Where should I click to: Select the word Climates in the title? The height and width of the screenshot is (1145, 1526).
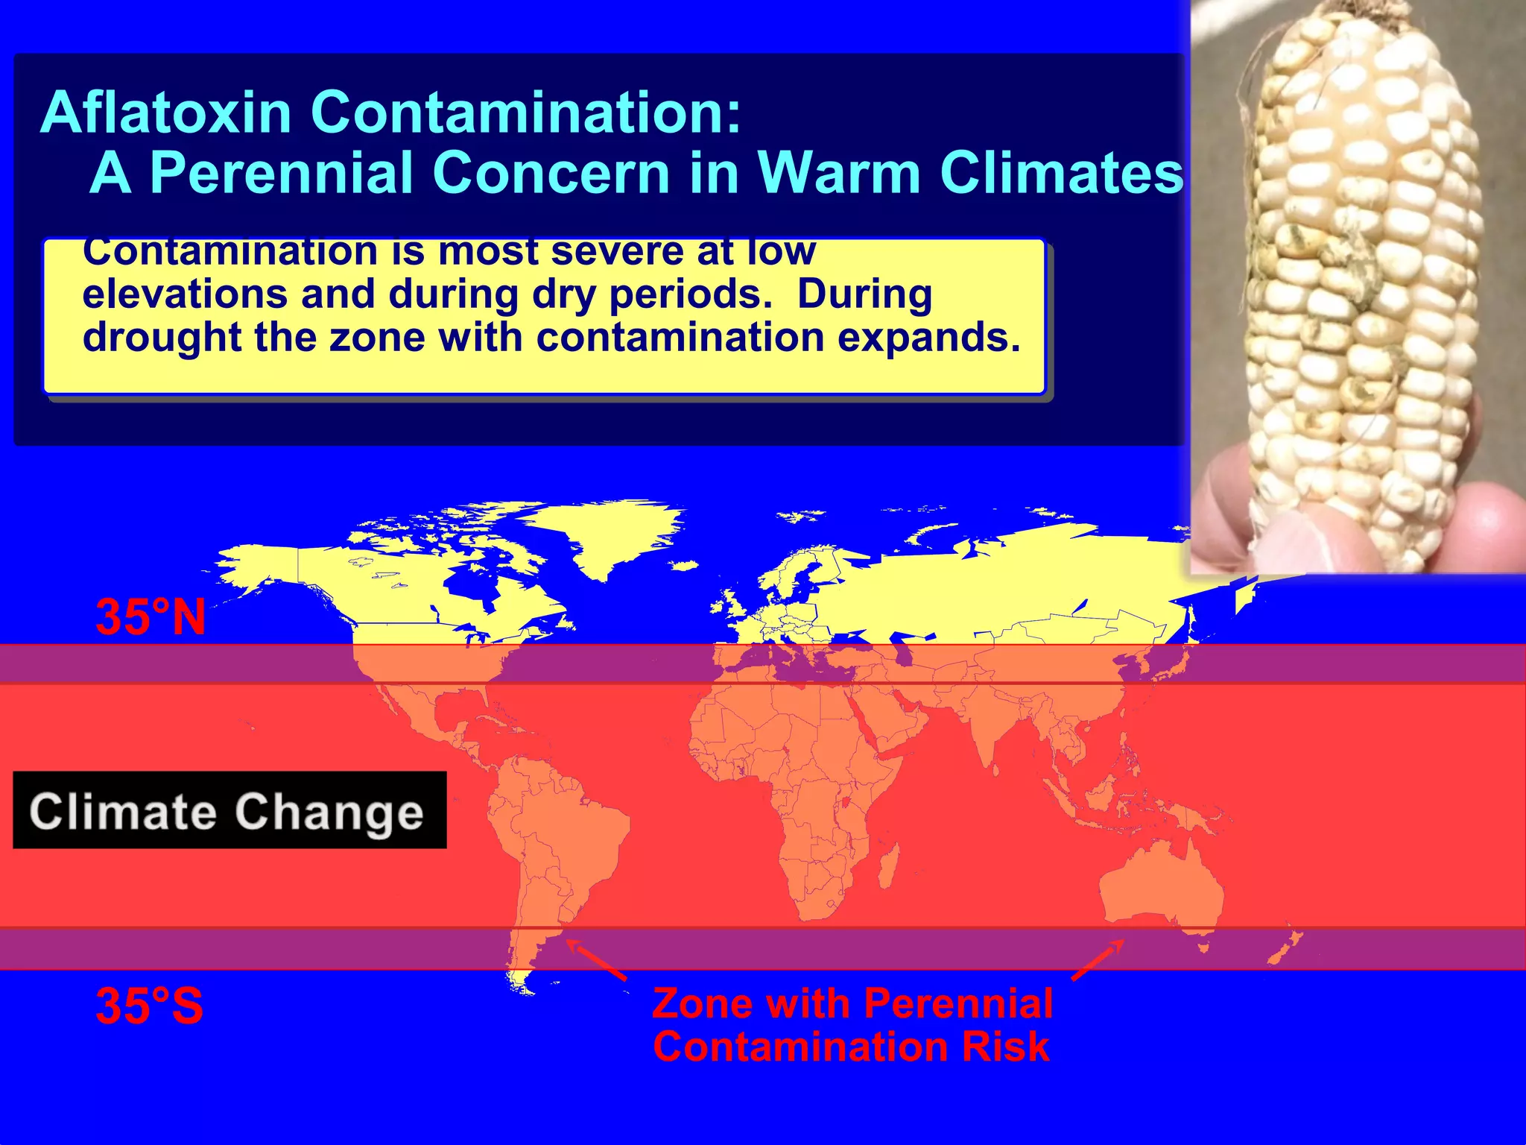tap(1061, 173)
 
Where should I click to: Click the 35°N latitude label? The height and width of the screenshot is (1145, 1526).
tap(151, 618)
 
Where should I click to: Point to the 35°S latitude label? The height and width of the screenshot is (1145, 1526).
tap(149, 1006)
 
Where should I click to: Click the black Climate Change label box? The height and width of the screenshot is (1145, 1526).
tap(229, 810)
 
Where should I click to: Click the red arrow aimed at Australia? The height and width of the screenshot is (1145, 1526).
tap(1098, 959)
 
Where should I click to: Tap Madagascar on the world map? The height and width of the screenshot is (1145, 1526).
tap(888, 865)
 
